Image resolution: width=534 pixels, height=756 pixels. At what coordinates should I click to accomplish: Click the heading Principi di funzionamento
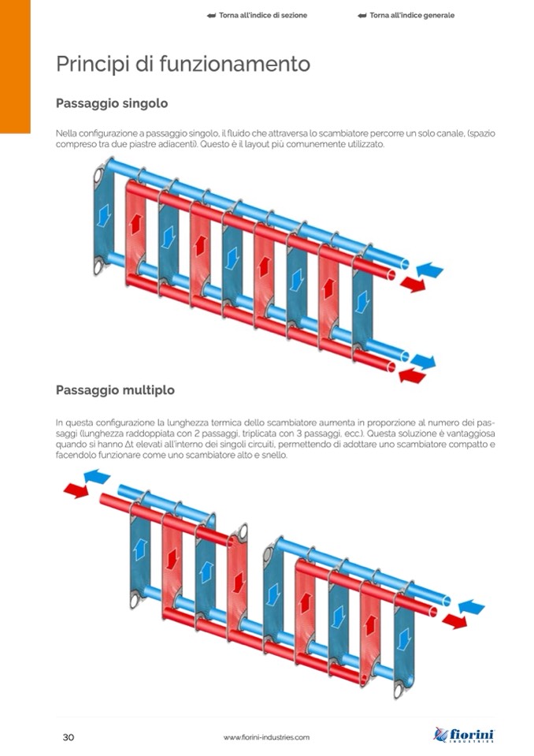pos(183,63)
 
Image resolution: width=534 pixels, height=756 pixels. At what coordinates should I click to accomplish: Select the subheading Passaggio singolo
pos(111,103)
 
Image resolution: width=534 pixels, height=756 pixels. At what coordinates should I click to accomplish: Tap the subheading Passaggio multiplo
pos(115,390)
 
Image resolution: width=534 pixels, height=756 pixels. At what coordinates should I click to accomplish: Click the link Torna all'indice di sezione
pos(257,15)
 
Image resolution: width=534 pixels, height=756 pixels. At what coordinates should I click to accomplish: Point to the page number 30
pos(69,737)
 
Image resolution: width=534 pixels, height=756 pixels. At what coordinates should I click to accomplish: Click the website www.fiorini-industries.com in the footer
pos(266,737)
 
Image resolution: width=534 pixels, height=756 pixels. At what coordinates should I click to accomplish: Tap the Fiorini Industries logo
pos(464,735)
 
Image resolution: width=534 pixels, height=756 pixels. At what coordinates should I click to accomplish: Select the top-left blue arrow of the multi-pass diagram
pos(96,476)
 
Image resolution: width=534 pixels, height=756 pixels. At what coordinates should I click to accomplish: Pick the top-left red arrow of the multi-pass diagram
pos(76,491)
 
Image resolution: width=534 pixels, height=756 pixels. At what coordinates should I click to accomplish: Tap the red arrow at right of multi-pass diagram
pos(454,621)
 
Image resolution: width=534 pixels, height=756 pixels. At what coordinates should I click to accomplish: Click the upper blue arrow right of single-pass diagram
pos(429,270)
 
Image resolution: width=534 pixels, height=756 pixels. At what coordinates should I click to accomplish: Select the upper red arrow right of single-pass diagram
pos(412,284)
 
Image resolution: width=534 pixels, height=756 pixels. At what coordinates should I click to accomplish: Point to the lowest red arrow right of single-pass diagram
pos(412,376)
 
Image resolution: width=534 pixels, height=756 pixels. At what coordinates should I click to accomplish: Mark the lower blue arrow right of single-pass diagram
pos(423,361)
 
